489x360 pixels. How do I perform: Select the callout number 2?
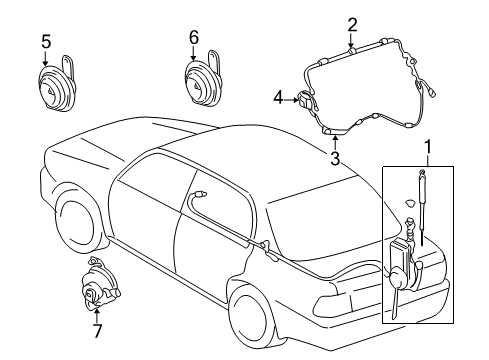point(352,25)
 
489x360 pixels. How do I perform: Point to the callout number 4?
point(279,98)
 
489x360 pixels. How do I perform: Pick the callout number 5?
point(45,41)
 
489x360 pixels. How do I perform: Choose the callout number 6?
point(194,37)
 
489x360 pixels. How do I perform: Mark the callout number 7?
point(96,331)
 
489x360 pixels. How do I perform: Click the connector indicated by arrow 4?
point(305,99)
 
